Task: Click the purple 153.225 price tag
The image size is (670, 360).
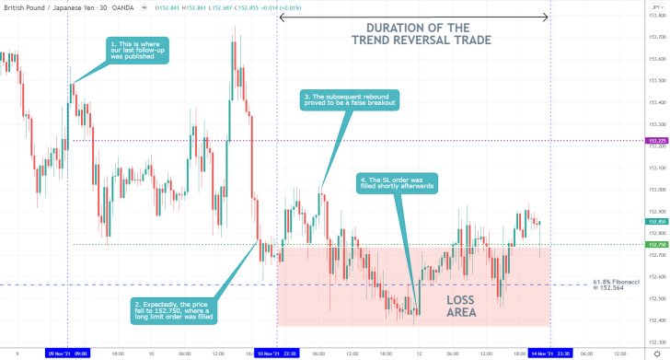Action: point(656,140)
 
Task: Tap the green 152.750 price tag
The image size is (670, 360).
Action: point(656,244)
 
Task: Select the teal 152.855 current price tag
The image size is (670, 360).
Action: point(656,222)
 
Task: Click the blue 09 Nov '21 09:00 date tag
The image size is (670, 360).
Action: point(69,352)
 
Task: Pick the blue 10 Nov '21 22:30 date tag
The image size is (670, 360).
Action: point(276,352)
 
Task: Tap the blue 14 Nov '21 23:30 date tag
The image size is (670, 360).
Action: point(549,352)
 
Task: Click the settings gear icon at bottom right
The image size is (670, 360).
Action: point(656,352)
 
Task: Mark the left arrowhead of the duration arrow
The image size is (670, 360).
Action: point(282,17)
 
